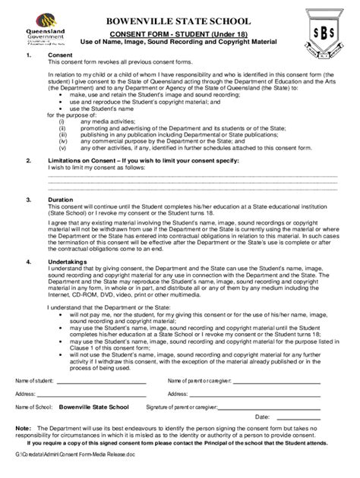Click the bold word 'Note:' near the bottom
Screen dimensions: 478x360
(x=24, y=429)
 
